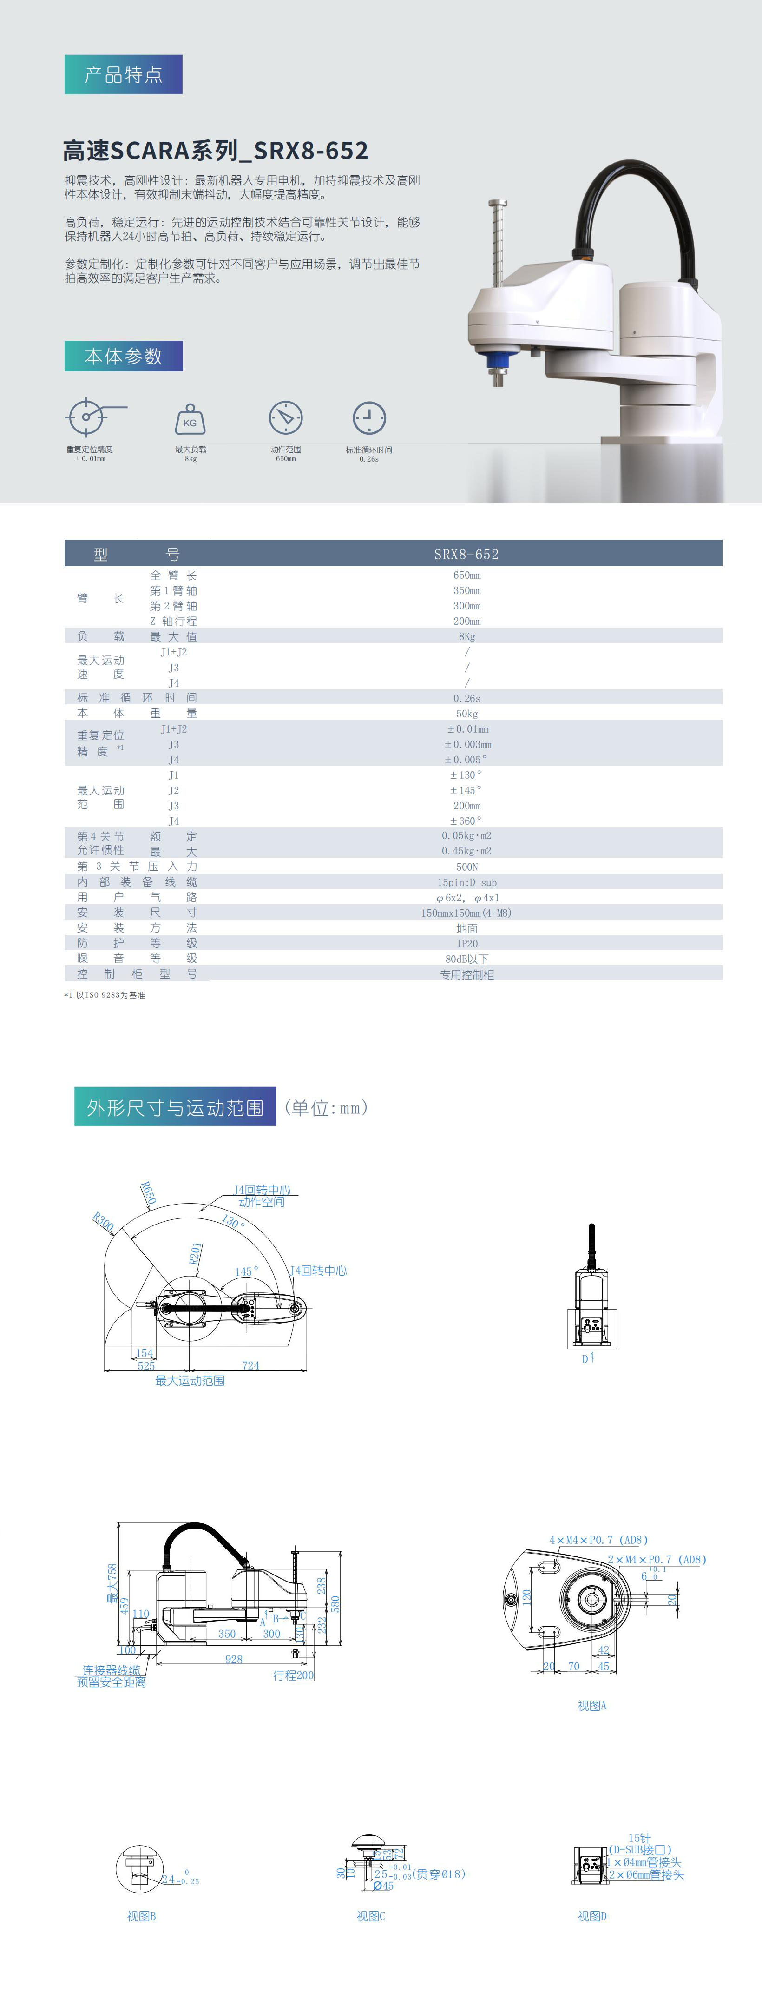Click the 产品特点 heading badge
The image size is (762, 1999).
click(124, 74)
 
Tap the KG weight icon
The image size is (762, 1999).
click(190, 420)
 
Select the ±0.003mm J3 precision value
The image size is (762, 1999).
click(467, 745)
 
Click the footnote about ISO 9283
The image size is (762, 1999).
click(105, 995)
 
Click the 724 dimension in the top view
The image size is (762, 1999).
click(250, 1365)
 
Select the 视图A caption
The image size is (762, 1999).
click(591, 1705)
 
